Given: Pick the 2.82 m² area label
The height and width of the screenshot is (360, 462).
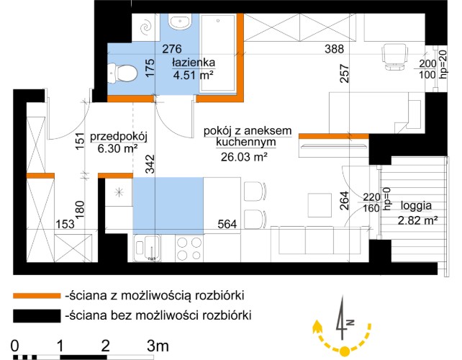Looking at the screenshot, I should tap(418, 220).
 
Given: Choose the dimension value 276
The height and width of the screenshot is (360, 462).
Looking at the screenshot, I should tap(171, 50).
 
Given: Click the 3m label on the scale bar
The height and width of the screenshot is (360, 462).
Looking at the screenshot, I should tap(158, 346).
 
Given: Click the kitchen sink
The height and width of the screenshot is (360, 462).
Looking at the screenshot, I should tap(150, 247).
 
